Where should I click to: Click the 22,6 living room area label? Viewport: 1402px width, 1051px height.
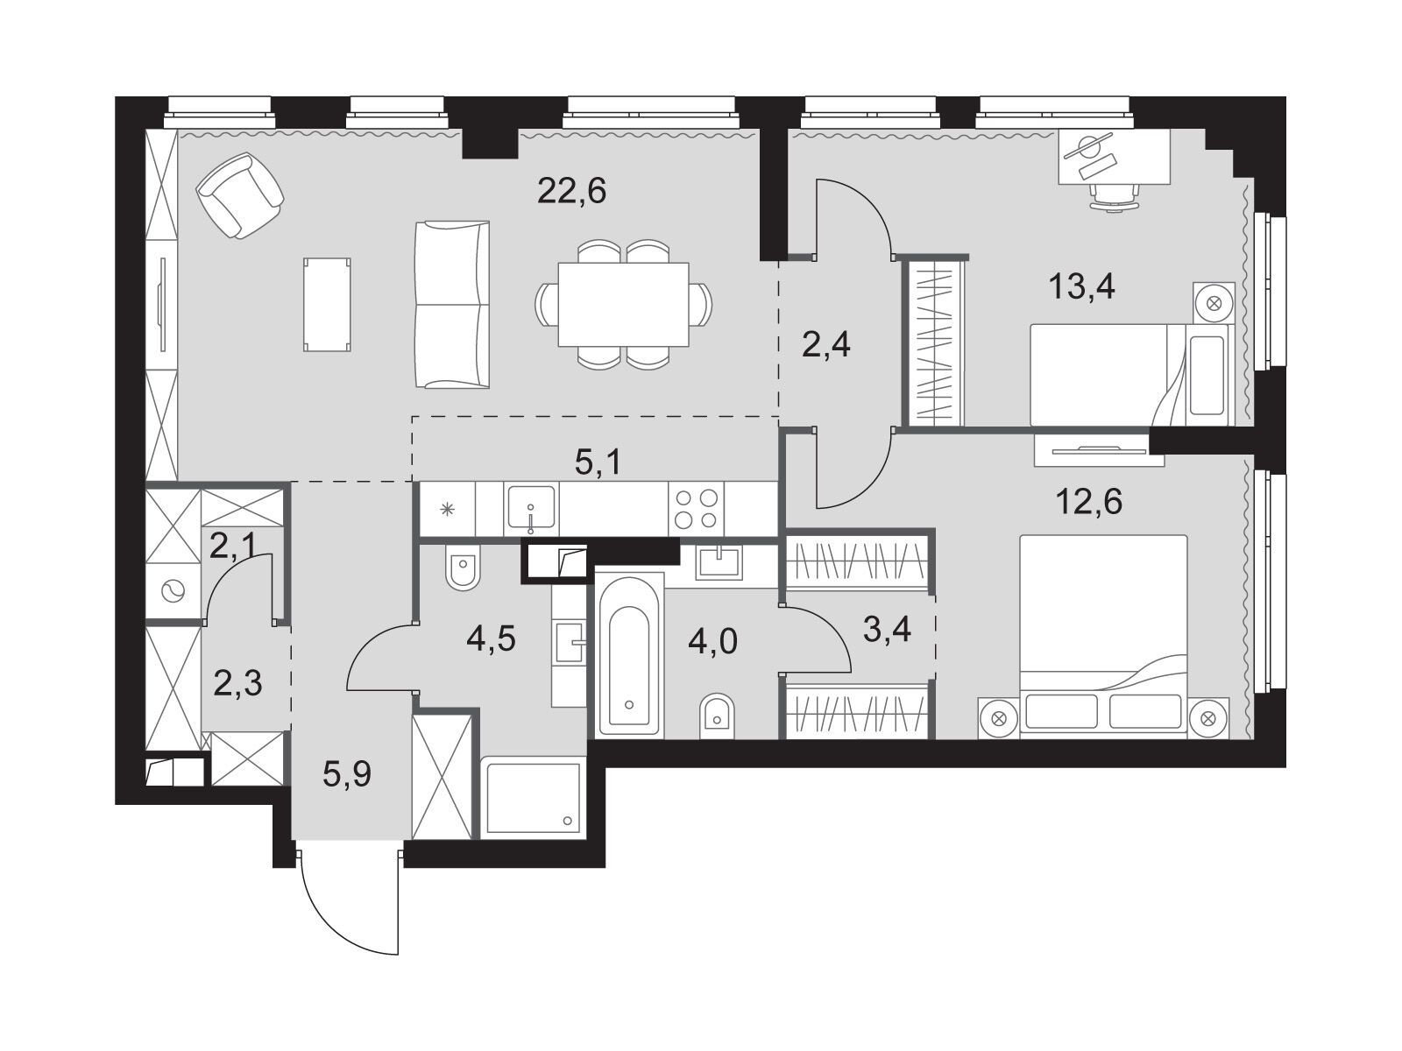[571, 190]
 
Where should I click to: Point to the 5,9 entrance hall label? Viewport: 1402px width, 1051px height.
[347, 775]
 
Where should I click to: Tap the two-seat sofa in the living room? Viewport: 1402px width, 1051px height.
[452, 305]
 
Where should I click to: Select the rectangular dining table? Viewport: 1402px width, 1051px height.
[623, 305]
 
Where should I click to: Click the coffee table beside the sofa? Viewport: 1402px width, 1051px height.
[327, 305]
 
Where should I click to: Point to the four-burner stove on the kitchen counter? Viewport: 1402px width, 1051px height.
[696, 509]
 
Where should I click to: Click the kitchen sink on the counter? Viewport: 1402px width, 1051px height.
[531, 509]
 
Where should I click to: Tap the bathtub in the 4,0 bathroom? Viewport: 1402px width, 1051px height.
[629, 656]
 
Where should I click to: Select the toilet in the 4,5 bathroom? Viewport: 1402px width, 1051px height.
[463, 567]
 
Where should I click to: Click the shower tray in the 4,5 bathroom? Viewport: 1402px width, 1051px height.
[533, 798]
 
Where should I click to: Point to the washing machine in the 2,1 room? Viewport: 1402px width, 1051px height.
[173, 592]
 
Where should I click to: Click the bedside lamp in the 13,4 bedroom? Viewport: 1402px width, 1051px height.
[1214, 303]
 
